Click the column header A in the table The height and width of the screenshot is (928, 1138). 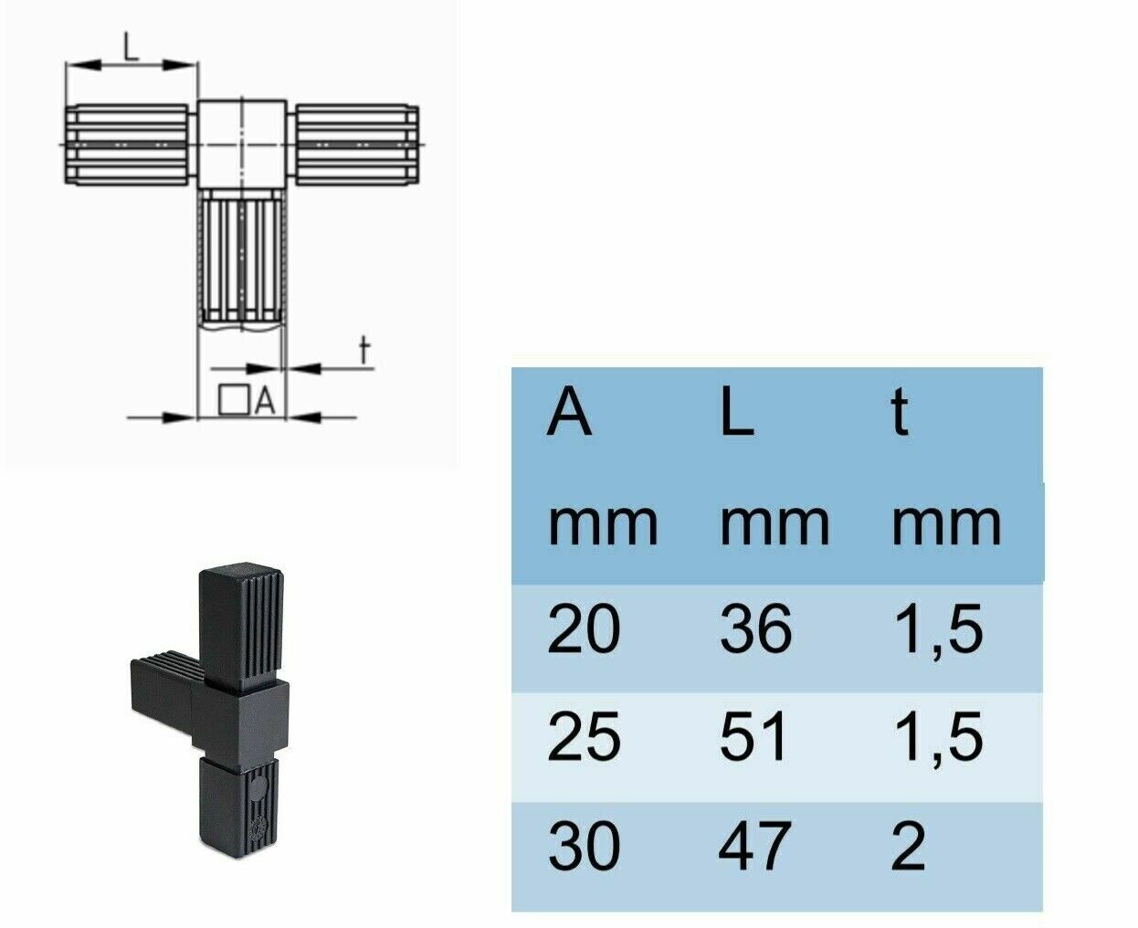pos(570,413)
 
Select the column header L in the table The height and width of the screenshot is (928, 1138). pos(736,413)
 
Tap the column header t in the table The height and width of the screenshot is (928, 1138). pos(900,413)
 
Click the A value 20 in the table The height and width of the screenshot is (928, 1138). pos(584,630)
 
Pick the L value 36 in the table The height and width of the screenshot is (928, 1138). pos(754,630)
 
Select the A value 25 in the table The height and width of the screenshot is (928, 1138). pos(584,737)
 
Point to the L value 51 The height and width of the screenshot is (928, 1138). pos(753,737)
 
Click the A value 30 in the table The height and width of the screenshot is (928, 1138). pos(584,846)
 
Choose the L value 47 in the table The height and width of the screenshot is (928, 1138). pos(753,846)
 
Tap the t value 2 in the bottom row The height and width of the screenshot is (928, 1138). pos(907,846)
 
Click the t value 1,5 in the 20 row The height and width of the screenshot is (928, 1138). pos(937,630)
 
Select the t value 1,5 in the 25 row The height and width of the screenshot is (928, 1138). pos(937,737)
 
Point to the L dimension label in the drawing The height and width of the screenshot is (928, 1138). pos(132,46)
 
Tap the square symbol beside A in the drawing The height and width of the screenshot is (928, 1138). pos(234,399)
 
